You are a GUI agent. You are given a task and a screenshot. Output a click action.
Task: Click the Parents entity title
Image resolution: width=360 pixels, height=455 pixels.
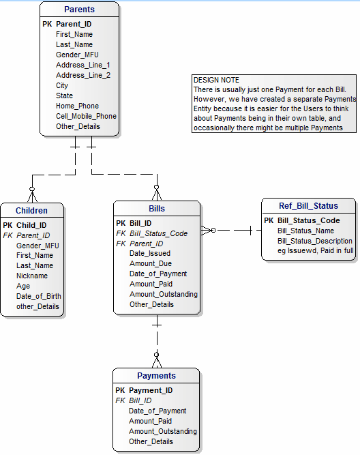coord(79,10)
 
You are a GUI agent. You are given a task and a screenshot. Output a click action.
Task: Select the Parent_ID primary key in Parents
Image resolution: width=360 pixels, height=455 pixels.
coord(74,24)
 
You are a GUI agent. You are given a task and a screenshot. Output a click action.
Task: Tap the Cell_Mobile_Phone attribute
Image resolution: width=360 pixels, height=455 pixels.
coord(86,116)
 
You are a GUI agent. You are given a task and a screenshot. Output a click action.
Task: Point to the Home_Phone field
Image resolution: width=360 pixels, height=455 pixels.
coord(77,106)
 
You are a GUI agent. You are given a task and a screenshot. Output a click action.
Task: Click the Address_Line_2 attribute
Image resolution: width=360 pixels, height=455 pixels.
coord(82,75)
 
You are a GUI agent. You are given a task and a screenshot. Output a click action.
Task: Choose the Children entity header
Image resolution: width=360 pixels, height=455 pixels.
coord(31,211)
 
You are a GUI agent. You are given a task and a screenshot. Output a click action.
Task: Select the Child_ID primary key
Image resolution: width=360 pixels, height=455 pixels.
coord(31,225)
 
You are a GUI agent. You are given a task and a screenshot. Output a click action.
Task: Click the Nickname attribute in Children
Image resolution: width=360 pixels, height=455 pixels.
coord(32,276)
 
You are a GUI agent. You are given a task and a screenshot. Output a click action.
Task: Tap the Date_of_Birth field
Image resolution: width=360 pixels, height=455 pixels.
coord(39,296)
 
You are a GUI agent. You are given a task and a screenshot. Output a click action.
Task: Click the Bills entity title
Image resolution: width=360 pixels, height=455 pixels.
coord(156,209)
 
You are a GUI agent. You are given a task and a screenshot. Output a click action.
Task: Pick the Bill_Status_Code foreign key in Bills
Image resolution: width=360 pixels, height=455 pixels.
coord(158,233)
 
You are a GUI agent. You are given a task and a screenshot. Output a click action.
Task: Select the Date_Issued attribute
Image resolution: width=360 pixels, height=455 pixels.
coord(150,253)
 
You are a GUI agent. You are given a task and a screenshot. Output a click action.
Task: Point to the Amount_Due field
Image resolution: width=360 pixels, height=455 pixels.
coord(151,263)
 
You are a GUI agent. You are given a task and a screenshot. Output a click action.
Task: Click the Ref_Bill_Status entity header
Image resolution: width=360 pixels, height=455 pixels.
coord(308,206)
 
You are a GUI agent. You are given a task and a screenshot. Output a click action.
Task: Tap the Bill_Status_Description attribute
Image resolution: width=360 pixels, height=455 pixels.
coord(315,241)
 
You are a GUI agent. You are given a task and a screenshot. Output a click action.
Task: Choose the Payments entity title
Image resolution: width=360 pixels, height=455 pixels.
coord(156,376)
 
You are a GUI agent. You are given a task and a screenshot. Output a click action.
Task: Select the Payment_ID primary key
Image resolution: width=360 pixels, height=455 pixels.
coord(151,390)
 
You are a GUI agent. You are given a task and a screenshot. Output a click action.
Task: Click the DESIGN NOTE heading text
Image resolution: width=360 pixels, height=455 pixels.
coord(216,80)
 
